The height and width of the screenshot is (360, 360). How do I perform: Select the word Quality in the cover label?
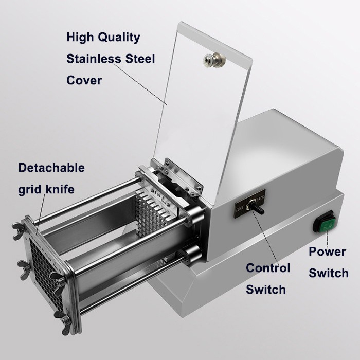click(119, 38)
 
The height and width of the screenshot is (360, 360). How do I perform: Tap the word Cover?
click(84, 80)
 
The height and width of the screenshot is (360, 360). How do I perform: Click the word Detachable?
click(51, 168)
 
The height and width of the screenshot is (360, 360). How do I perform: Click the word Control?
click(268, 268)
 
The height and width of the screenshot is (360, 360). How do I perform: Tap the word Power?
click(327, 251)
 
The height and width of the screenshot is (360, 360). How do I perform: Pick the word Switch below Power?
click(329, 273)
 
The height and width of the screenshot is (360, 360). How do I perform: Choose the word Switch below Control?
click(266, 289)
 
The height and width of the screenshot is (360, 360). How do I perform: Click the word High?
click(80, 38)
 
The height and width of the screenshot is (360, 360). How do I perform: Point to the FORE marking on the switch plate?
click(240, 209)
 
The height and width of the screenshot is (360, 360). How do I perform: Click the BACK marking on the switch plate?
click(260, 198)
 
